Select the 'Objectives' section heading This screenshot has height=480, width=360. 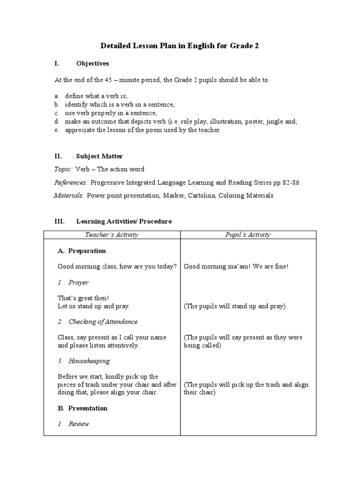click(x=92, y=63)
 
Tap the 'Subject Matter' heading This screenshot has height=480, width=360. click(x=99, y=156)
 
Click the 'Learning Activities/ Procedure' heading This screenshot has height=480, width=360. click(x=124, y=221)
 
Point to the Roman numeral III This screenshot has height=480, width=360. click(x=59, y=221)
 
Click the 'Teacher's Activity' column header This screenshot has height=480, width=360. click(x=112, y=235)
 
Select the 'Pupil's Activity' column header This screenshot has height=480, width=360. click(x=247, y=235)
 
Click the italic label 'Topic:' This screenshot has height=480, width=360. click(x=63, y=169)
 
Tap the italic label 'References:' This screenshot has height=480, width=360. click(x=70, y=182)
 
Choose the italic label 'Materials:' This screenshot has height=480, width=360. click(x=69, y=195)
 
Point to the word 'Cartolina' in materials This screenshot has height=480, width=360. click(x=203, y=195)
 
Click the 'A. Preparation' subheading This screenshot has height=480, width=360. click(x=82, y=251)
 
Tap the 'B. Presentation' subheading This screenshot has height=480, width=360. click(x=82, y=408)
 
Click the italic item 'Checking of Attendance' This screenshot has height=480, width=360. click(x=103, y=322)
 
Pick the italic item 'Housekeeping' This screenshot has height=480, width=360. click(x=89, y=361)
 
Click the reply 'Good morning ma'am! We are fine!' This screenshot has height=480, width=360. click(x=236, y=267)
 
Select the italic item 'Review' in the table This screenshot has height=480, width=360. click(x=78, y=424)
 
